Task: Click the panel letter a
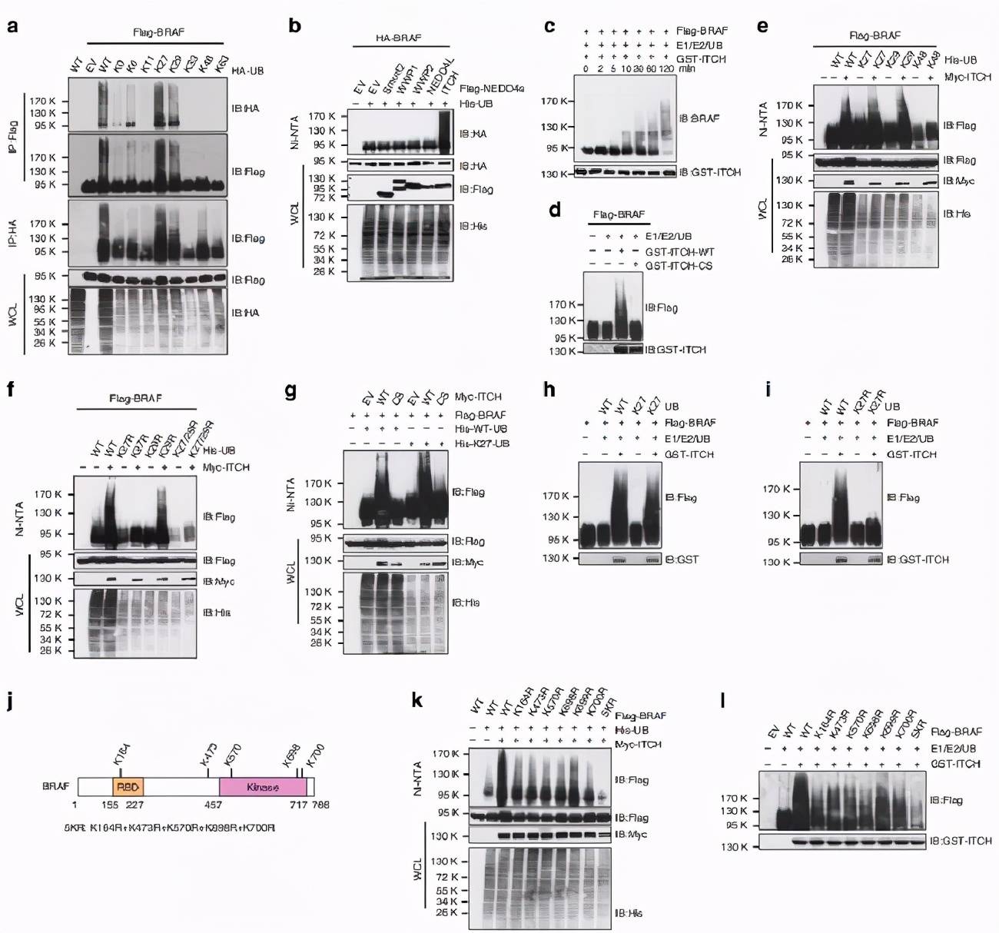coord(12,26)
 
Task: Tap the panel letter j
coord(11,702)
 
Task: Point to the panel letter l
coord(724,701)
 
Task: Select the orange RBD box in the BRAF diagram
coord(128,786)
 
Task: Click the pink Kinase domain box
coord(263,786)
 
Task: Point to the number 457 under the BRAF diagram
coord(213,805)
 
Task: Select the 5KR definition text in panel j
coord(170,828)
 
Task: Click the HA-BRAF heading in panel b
coord(399,37)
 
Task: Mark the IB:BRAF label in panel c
coord(699,118)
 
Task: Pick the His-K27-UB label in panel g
coord(482,443)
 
